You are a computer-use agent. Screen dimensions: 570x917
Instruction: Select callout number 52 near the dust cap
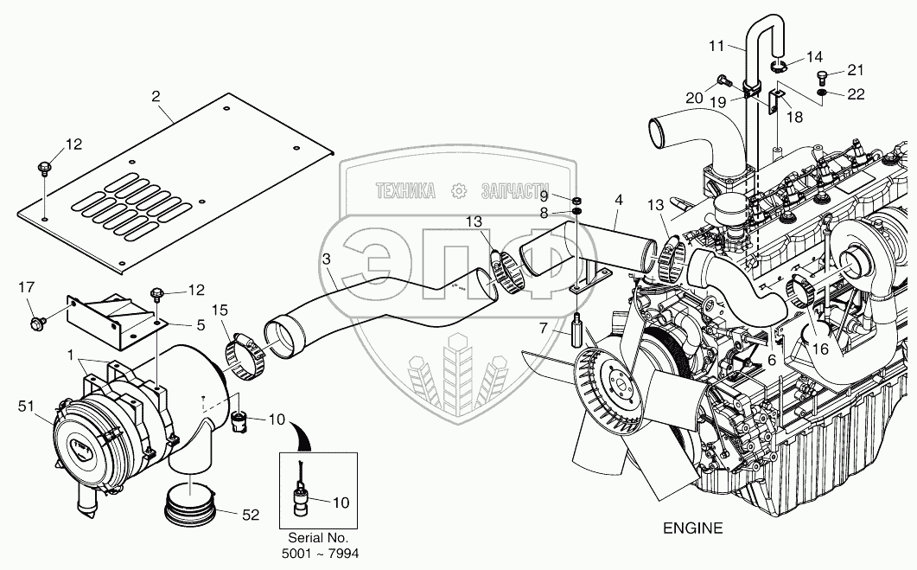pyautogui.click(x=251, y=515)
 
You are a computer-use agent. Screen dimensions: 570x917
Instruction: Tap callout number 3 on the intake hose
pyautogui.click(x=326, y=259)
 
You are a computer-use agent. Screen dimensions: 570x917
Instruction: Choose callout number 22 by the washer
pyautogui.click(x=855, y=93)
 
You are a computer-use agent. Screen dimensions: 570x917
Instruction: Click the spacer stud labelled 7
pyautogui.click(x=577, y=330)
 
